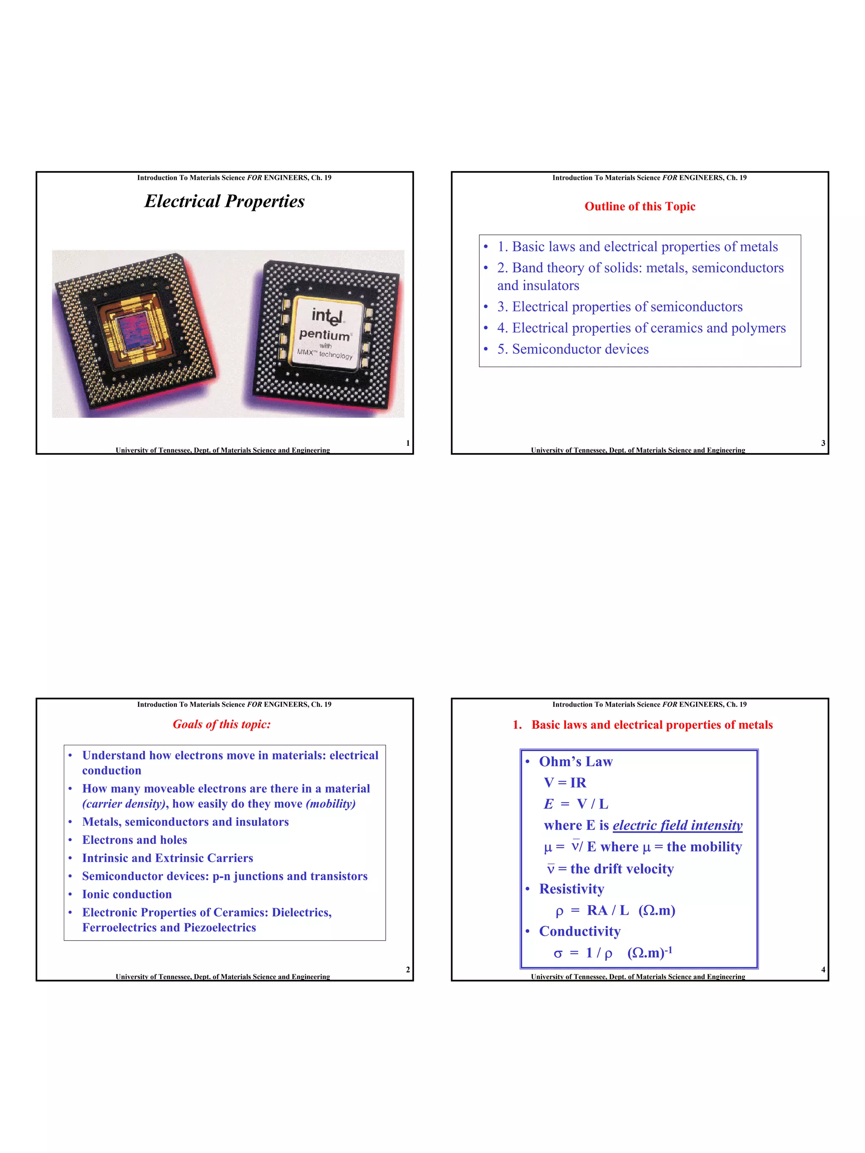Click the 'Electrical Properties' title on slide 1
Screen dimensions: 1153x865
(224, 201)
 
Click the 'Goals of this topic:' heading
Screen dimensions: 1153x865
(222, 724)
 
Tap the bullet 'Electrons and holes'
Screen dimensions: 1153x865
(134, 840)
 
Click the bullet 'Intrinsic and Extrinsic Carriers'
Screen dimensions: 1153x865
(167, 858)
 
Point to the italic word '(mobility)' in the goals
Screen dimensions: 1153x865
(331, 804)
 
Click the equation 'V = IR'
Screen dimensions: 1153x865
(565, 782)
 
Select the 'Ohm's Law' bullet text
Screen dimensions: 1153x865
(576, 762)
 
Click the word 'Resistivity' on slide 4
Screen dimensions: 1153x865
(571, 889)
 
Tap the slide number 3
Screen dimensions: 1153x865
(823, 443)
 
